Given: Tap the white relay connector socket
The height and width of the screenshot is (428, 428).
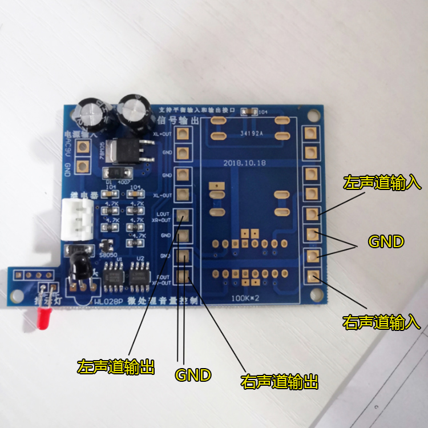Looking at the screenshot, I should (x=77, y=220).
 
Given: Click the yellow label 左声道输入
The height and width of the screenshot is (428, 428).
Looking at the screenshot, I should (x=382, y=183).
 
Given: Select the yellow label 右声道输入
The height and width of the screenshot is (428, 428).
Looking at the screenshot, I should (x=382, y=322).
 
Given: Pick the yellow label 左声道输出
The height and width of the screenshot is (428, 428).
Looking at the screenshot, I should (x=116, y=367).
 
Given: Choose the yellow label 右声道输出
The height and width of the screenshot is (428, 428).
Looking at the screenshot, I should (x=280, y=381).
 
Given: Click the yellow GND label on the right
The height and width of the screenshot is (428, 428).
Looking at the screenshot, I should (x=386, y=241).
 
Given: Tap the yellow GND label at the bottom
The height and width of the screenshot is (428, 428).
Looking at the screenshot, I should (x=193, y=375).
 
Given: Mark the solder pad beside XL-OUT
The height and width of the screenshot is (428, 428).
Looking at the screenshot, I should (x=183, y=193).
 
